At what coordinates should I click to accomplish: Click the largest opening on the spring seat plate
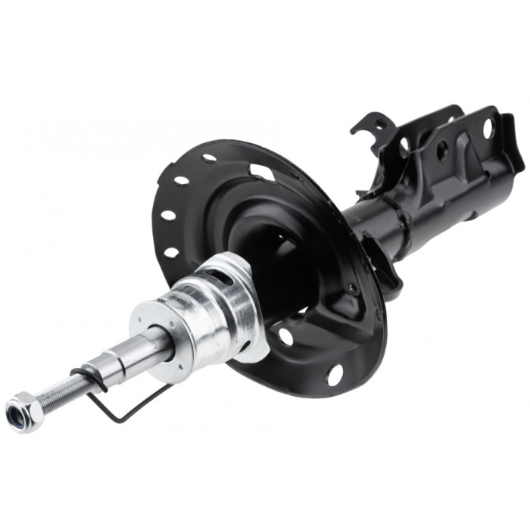(262, 172)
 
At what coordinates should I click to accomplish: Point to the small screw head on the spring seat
(351, 288)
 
